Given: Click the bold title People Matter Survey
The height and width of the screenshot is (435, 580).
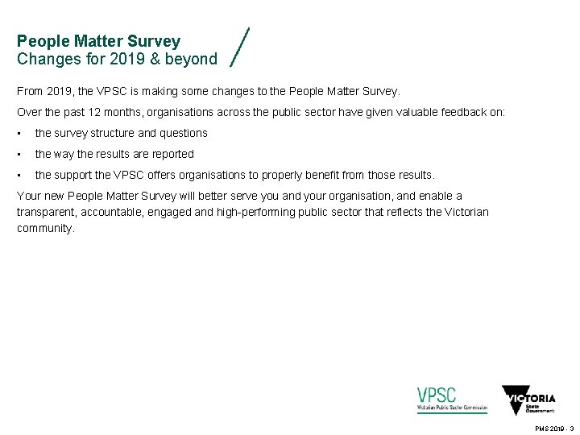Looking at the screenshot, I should point(98,41).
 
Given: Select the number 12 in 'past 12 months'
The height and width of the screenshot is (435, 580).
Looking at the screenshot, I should point(81,112).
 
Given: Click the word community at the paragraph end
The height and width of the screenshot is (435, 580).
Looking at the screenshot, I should point(45,228).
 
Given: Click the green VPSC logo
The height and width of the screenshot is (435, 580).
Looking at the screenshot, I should point(452,400).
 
